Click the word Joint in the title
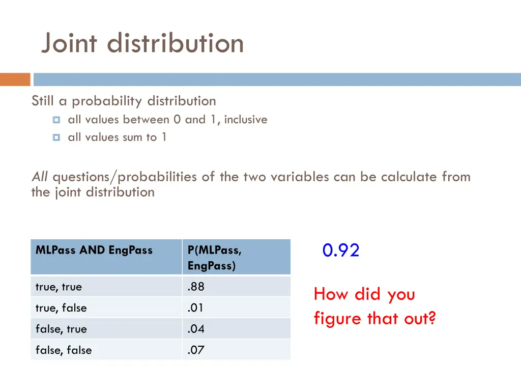point(69,43)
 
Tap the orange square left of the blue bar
point(15,79)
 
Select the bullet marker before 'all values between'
point(56,120)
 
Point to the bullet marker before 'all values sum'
point(56,137)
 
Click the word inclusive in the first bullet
point(245,120)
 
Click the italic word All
point(40,177)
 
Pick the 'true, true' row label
point(59,287)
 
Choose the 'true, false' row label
point(61,308)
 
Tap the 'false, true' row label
point(61,329)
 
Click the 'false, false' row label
point(64,350)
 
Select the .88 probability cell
point(196,287)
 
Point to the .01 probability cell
point(196,308)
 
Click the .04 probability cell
point(196,329)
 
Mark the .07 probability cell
point(196,350)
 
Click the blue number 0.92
point(341,250)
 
